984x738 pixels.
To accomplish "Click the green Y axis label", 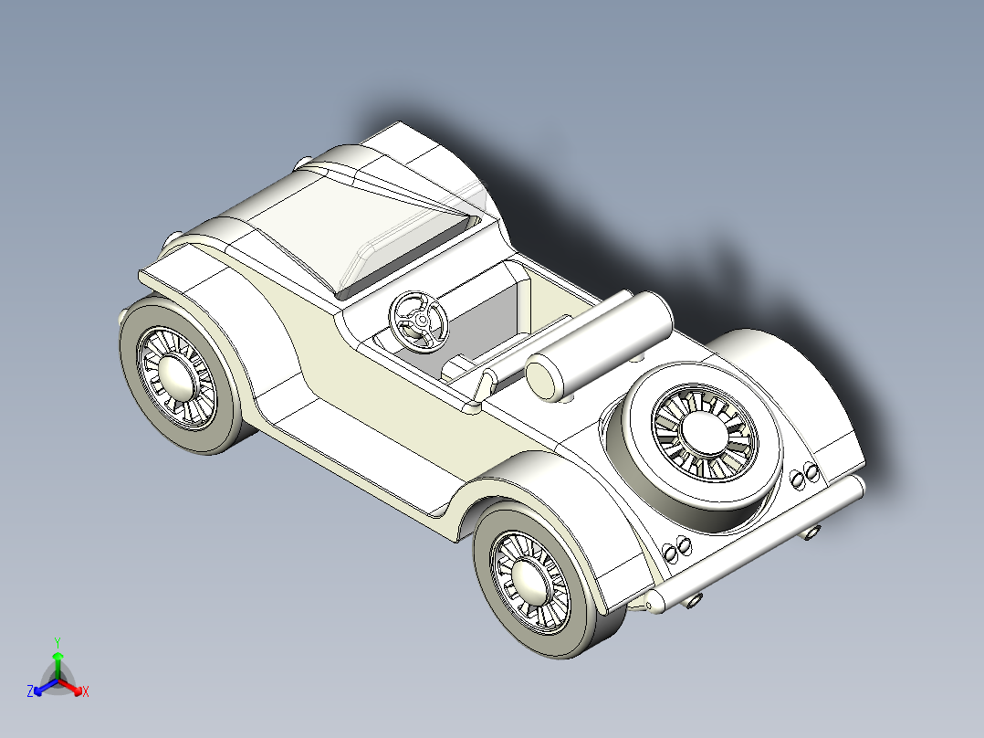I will tap(57, 641).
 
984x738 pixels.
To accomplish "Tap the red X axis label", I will tap(85, 692).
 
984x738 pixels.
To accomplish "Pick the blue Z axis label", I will tap(30, 692).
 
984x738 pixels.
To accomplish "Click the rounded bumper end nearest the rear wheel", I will tap(654, 602).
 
